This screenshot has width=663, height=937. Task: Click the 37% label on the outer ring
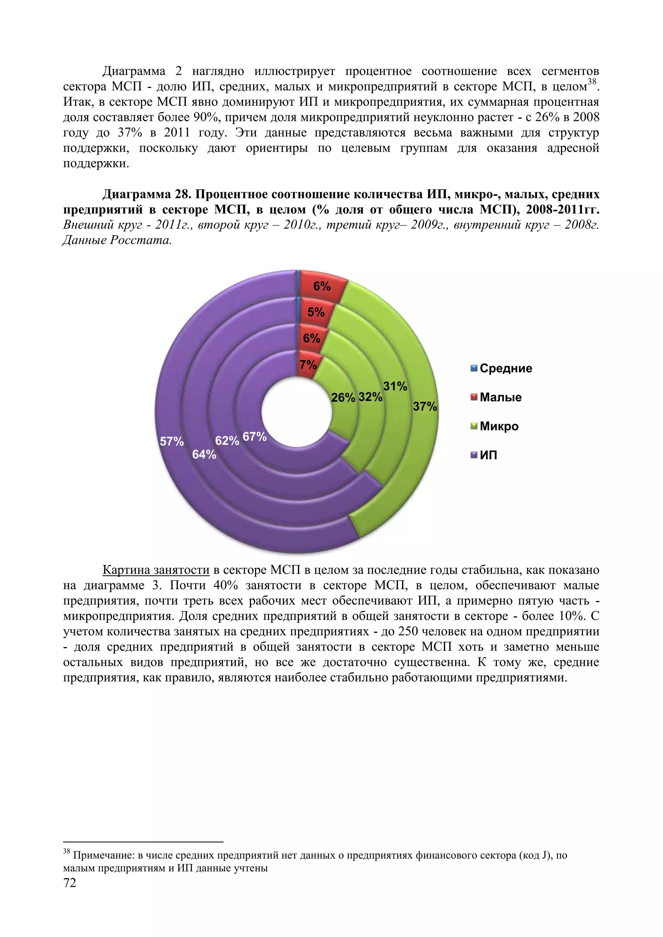coord(425,406)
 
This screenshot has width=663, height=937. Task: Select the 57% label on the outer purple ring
coord(172,441)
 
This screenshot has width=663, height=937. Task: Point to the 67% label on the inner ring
coord(254,437)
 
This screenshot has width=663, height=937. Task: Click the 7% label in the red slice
coord(308,364)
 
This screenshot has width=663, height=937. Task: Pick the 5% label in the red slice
coord(316,312)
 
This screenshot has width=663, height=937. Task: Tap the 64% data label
coord(204,454)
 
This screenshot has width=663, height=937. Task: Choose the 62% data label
coord(227,441)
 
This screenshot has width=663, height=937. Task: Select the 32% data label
coord(370,397)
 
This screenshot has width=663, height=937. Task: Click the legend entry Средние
coord(505,369)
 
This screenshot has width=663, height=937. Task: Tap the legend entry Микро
coord(499,426)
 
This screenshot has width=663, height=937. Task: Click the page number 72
coord(70,883)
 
